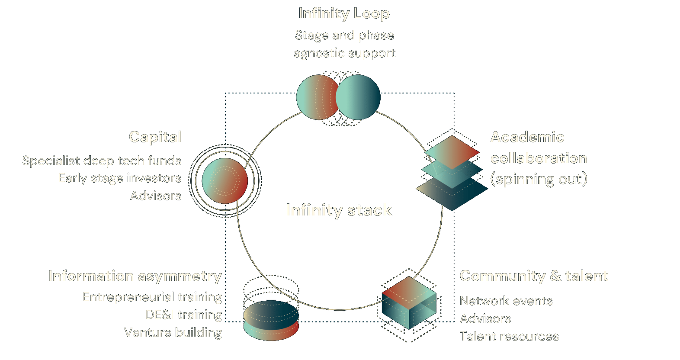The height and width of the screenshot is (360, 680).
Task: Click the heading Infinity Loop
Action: (x=344, y=13)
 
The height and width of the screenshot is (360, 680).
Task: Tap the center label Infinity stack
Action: (x=339, y=210)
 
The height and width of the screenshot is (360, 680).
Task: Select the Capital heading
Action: (x=155, y=137)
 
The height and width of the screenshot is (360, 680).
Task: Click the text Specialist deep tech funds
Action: (x=102, y=161)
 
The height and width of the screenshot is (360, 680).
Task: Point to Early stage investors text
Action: (x=120, y=178)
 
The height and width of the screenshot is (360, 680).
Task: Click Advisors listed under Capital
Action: (x=156, y=196)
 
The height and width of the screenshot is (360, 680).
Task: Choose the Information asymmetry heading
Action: (x=135, y=276)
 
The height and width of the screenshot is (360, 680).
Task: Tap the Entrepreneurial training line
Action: (x=152, y=297)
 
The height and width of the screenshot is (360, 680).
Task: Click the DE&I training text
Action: (x=184, y=315)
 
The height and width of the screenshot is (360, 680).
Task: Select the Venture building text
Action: (x=173, y=332)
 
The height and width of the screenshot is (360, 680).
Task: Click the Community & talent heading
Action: (x=534, y=276)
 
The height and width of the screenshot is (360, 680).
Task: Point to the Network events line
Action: (x=506, y=301)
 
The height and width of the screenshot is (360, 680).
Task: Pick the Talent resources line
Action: (x=509, y=336)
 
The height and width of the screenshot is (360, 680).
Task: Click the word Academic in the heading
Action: (x=527, y=137)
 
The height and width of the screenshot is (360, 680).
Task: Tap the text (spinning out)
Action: (x=539, y=179)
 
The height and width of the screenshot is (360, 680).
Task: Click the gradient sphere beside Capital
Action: (x=225, y=180)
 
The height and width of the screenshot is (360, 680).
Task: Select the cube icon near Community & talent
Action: (x=409, y=303)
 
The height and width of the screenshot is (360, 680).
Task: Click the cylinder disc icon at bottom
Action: (x=271, y=320)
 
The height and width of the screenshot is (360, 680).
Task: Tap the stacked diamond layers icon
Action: (x=452, y=173)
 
